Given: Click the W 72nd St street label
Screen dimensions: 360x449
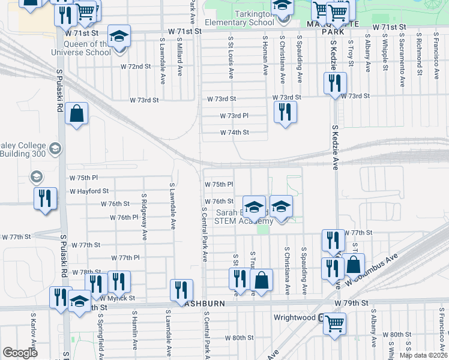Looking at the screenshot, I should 135,66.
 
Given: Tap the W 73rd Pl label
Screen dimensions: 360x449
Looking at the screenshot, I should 234,116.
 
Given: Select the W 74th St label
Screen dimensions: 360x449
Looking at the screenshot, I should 234,133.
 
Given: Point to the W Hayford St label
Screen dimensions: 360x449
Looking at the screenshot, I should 89,191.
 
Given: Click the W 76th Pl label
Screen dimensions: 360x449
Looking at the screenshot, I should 124,217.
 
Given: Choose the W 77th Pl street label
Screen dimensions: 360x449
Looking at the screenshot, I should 125,257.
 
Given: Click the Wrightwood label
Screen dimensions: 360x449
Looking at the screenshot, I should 294,317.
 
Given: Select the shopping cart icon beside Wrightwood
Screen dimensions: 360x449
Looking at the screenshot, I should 334,323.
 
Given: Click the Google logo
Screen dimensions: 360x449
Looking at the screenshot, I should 20,353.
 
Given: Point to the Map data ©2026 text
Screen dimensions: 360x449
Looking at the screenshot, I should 423,355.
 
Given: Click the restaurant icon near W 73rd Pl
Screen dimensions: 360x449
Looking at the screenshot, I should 286,112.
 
